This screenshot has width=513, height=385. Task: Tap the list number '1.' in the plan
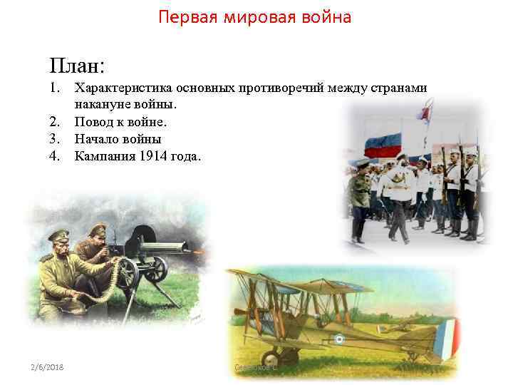coord(56,88)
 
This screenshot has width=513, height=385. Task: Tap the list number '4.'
coord(56,155)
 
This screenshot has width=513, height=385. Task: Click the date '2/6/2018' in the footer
coord(47,366)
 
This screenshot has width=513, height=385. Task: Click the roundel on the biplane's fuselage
coord(341,339)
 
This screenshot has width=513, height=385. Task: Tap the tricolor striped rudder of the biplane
coord(447,338)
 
